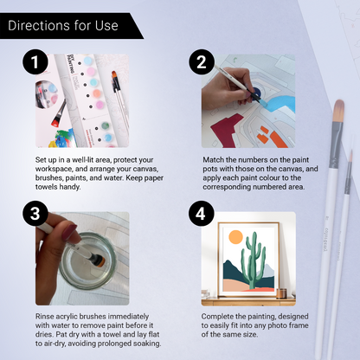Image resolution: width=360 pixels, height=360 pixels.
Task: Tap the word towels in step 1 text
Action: pos(49,187)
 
